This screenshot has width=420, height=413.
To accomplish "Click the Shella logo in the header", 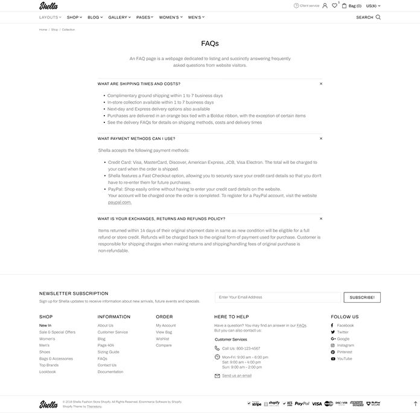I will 48,6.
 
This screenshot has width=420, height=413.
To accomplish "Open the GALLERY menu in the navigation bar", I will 119,17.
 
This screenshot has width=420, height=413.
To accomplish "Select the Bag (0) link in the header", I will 352,6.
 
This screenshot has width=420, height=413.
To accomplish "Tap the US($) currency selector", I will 373,6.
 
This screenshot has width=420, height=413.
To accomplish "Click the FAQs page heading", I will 210,43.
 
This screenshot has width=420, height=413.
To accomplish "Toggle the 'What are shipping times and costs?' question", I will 139,84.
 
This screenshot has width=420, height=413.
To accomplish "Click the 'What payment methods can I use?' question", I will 136,139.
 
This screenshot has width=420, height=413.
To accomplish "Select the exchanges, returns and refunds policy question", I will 161,218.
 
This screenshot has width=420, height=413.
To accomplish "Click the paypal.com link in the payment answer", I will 119,203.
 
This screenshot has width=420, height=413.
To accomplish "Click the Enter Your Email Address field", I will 278,297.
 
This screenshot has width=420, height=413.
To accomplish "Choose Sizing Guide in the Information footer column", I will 109,352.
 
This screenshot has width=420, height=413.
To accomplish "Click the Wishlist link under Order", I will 162,339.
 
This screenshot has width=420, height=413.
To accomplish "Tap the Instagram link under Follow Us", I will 346,345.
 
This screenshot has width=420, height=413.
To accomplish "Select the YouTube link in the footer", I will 344,359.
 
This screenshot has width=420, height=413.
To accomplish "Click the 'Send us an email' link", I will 237,376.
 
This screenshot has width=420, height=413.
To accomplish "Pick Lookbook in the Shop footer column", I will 48,372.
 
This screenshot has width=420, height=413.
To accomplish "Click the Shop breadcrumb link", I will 54,30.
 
